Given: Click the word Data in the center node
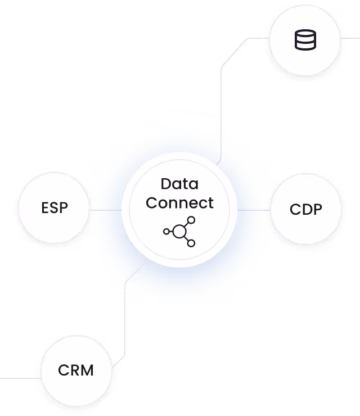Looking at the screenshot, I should [179, 184].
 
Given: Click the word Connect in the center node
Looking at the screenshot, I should [179, 202].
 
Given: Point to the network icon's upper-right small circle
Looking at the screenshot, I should [191, 220].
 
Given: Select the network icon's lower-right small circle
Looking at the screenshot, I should [191, 243].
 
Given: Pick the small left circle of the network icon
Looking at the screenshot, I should [166, 231].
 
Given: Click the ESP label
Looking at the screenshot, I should [55, 208].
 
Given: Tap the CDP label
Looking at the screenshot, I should [306, 210].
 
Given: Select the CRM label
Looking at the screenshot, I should [76, 371].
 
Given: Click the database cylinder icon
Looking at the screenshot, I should [305, 40].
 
